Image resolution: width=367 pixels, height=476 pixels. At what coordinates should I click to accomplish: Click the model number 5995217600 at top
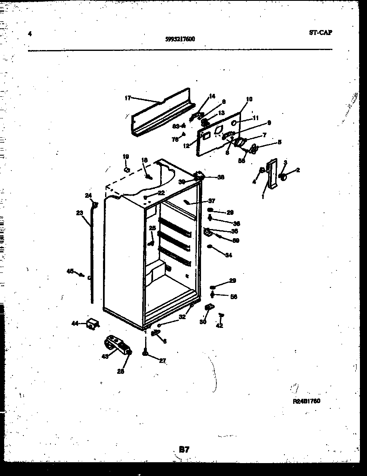point(180,39)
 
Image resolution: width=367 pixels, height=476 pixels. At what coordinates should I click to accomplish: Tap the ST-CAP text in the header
point(321,33)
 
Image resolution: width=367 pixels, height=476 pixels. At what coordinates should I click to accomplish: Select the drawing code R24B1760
point(306,401)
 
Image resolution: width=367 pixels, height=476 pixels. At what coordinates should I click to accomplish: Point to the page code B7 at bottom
point(184,449)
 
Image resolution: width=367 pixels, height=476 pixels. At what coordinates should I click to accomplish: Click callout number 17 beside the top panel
point(128,98)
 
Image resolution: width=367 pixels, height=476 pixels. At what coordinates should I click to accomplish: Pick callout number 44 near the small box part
point(75,323)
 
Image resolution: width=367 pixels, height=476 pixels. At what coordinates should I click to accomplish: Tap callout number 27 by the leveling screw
point(162,361)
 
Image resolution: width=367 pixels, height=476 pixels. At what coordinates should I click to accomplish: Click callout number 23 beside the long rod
point(79,213)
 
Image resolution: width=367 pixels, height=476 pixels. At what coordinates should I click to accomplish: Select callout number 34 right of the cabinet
point(228,255)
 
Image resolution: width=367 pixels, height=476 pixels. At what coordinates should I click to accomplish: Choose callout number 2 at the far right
point(298,170)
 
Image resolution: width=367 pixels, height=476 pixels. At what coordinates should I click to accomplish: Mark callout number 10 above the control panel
point(249,99)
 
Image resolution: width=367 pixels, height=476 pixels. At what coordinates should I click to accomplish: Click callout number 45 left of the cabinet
point(70,271)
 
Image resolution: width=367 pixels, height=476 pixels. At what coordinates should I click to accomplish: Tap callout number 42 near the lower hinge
point(220,326)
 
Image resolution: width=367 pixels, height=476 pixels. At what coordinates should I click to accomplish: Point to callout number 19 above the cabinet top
point(126,157)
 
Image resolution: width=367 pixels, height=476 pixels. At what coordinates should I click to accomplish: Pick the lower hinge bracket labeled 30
point(208,309)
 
